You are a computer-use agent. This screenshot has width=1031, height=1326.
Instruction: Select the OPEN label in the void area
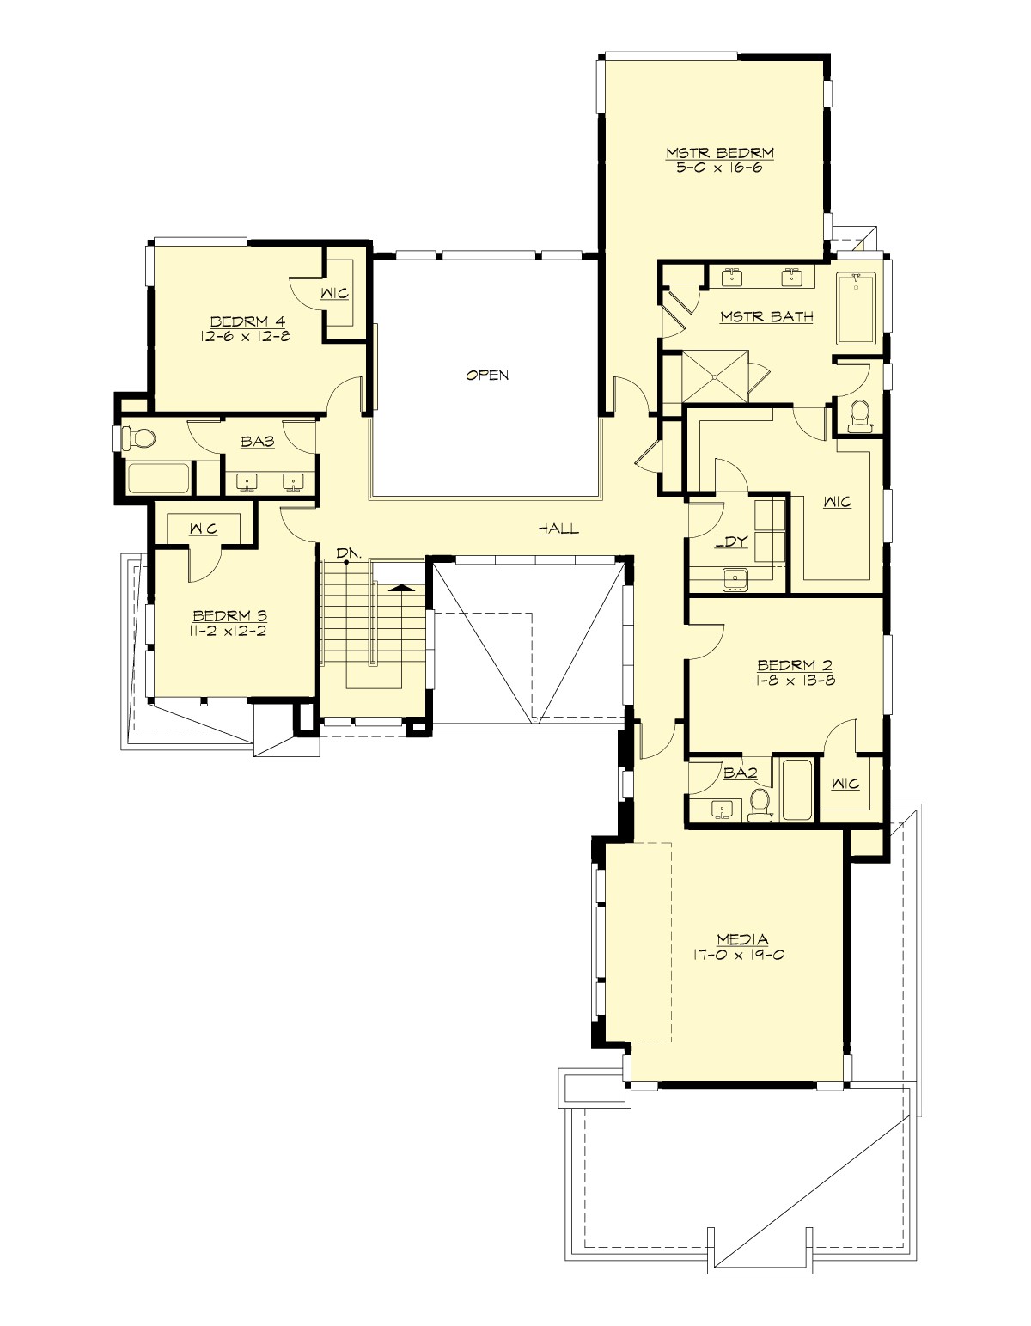pyautogui.click(x=487, y=376)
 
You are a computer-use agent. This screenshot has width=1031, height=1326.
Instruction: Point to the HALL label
pyautogui.click(x=558, y=529)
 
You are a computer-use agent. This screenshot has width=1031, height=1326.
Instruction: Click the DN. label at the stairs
pyautogui.click(x=346, y=553)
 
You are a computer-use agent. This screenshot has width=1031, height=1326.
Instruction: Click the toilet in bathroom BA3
pyautogui.click(x=139, y=439)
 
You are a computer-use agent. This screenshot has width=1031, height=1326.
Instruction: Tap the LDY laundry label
pyautogui.click(x=731, y=541)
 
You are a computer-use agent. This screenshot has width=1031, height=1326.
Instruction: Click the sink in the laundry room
pyautogui.click(x=735, y=580)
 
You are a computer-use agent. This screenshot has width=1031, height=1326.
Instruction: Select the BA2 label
pyautogui.click(x=740, y=773)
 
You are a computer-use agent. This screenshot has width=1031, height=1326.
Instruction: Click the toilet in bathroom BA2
pyautogui.click(x=759, y=805)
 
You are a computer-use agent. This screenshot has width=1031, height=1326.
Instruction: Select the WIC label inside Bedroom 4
pyautogui.click(x=334, y=294)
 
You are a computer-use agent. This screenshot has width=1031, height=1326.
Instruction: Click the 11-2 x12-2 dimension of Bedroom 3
pyautogui.click(x=230, y=631)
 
